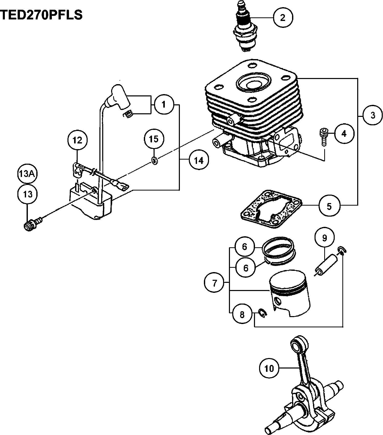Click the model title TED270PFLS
(41, 15)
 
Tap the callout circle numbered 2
(283, 18)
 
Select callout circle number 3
(373, 115)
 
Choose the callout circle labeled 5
(329, 206)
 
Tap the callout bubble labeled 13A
(27, 174)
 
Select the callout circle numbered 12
(77, 140)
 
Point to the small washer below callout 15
(154, 161)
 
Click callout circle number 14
(199, 160)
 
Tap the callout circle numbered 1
(164, 104)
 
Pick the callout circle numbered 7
(214, 283)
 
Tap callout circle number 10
(269, 368)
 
